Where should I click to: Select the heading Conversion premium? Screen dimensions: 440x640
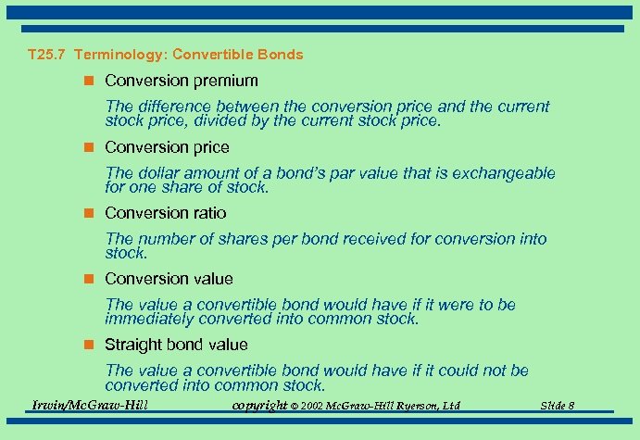click(182, 82)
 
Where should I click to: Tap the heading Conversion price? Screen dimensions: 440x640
click(167, 147)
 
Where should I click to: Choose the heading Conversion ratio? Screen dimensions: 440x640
click(165, 213)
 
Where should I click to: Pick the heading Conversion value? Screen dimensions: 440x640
click(169, 279)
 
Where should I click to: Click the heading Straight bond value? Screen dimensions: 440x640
click(176, 345)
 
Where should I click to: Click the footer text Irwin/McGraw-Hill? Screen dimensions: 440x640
click(90, 405)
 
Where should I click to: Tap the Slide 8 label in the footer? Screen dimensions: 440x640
click(557, 406)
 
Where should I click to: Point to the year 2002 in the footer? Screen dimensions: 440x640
click(311, 406)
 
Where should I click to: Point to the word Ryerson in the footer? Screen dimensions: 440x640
click(412, 406)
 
